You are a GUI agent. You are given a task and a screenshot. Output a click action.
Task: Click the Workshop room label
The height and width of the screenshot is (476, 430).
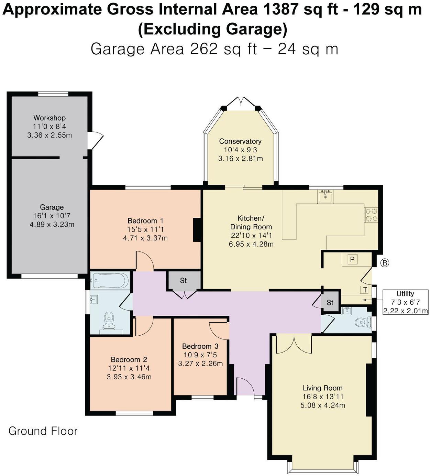tap(49, 118)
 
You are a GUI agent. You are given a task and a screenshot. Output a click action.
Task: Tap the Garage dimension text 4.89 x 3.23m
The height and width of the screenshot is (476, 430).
tap(52, 225)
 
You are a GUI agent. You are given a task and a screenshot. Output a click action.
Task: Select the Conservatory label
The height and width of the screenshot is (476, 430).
tap(240, 141)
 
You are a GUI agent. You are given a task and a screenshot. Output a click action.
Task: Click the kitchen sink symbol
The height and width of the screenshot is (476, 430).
tap(325, 196)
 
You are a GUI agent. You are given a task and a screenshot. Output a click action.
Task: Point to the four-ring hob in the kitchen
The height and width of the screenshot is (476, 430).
tap(371, 215)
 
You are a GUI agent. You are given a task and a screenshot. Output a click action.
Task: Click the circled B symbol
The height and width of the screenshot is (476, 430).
tap(385, 263)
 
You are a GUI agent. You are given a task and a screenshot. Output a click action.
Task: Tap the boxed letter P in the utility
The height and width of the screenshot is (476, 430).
tap(352, 259)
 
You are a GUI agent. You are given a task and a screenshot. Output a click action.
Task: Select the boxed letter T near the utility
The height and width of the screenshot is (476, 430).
tap(365, 290)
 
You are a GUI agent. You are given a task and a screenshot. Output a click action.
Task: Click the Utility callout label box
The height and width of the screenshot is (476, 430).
tap(405, 302)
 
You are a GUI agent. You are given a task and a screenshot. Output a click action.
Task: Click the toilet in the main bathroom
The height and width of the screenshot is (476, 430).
tap(109, 320)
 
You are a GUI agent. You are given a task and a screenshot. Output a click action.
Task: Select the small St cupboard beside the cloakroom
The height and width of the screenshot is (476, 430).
tap(330, 303)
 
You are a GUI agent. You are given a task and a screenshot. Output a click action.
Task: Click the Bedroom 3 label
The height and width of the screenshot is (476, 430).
tap(200, 346)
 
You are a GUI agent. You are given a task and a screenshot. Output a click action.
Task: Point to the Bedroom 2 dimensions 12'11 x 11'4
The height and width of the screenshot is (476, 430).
tap(129, 368)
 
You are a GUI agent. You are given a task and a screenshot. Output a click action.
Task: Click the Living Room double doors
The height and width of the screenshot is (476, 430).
tap(294, 344)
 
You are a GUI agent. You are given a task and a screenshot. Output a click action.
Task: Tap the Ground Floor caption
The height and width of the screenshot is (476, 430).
tap(43, 431)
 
